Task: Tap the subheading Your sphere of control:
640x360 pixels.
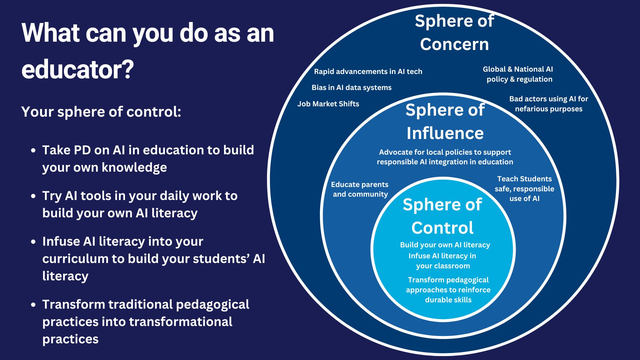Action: click(x=101, y=112)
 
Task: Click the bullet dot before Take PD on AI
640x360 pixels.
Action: click(x=33, y=151)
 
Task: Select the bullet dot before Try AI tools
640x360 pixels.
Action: click(x=33, y=196)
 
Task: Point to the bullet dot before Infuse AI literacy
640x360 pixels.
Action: click(x=33, y=242)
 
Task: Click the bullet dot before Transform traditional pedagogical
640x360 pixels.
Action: click(x=33, y=305)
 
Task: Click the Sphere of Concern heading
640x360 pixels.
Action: click(x=454, y=33)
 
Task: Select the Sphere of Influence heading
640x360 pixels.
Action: click(x=445, y=121)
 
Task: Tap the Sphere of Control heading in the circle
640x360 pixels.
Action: click(x=442, y=216)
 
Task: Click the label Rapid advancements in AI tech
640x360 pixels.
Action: click(x=368, y=72)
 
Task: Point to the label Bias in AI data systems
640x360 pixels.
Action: click(x=351, y=88)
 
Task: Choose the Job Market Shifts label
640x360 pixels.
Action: click(x=328, y=104)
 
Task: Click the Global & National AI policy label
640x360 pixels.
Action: click(x=518, y=74)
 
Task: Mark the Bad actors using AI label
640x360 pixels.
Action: click(x=548, y=104)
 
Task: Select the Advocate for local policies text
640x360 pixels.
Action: click(x=445, y=157)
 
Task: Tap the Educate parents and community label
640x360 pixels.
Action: click(x=360, y=189)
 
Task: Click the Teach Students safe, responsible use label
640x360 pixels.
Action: click(x=524, y=189)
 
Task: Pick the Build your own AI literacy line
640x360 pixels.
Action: click(x=445, y=245)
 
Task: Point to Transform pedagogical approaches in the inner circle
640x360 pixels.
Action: click(x=448, y=290)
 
